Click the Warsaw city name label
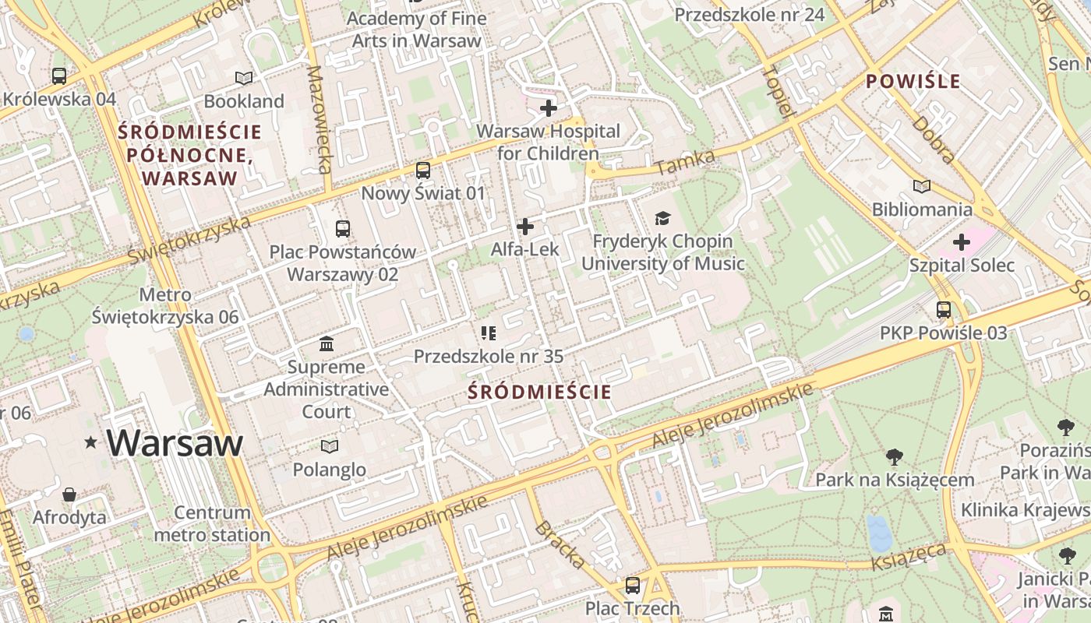(175, 442)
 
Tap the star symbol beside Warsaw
(91, 442)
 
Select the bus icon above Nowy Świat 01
(423, 170)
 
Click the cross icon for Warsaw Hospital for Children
(549, 108)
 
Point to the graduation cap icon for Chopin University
(662, 218)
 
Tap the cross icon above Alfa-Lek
(525, 227)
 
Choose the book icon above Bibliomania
(922, 186)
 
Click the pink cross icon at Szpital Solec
(962, 242)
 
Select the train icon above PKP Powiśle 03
(944, 310)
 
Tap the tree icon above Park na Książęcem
(895, 456)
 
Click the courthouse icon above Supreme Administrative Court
(327, 343)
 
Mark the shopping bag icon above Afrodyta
(69, 495)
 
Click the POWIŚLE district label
(913, 81)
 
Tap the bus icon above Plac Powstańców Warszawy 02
(343, 229)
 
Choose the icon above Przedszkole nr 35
(489, 334)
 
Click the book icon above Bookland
(244, 78)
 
